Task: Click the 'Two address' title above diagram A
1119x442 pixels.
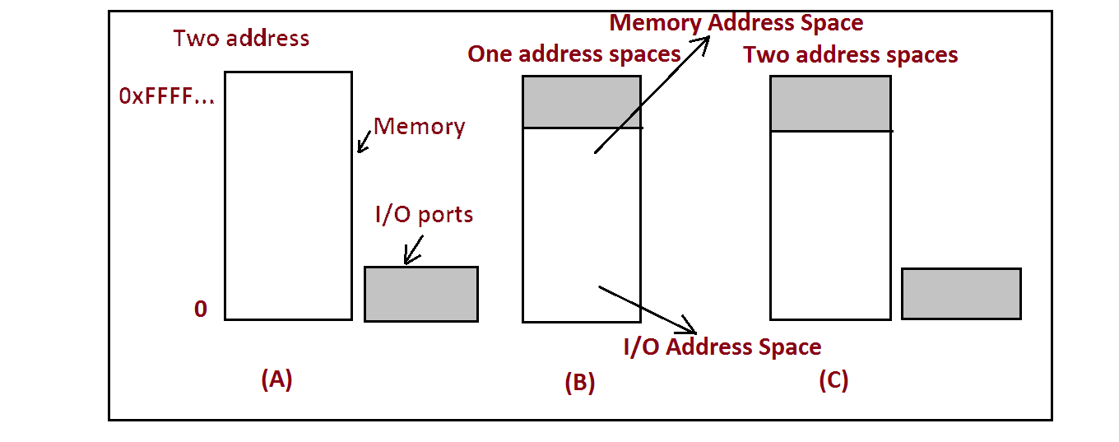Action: pos(241,38)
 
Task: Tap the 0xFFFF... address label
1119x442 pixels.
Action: pos(167,96)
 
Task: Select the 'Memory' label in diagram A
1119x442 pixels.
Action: pos(419,127)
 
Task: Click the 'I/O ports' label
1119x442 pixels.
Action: pos(424,215)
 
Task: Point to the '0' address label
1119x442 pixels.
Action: pos(201,309)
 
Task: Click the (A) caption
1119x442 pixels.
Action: pos(276,379)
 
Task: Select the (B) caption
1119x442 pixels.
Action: pos(579,382)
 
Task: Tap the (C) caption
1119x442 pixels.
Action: pos(833,380)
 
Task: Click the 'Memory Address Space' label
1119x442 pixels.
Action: pos(736,23)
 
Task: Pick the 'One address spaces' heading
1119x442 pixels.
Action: pos(573,54)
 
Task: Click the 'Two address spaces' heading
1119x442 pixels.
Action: pos(850,55)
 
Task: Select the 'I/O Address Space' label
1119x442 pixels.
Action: pos(722,347)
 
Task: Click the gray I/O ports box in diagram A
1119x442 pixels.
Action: pos(420,294)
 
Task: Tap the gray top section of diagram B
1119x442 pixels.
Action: pos(581,101)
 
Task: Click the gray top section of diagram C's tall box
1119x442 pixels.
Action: pos(829,103)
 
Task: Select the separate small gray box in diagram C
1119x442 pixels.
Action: pos(961,294)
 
